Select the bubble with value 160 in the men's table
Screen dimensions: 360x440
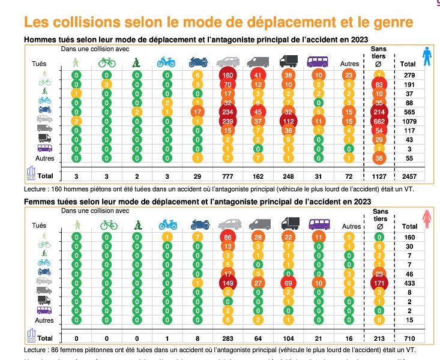[228, 75]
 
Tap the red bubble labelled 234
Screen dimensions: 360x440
[228, 112]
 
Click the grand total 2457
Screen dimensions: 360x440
[408, 176]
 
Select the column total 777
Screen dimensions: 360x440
[228, 176]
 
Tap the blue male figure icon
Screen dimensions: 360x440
[426, 57]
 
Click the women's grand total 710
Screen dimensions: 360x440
[408, 339]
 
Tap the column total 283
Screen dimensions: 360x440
[228, 339]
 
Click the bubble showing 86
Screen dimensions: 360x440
[228, 236]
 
